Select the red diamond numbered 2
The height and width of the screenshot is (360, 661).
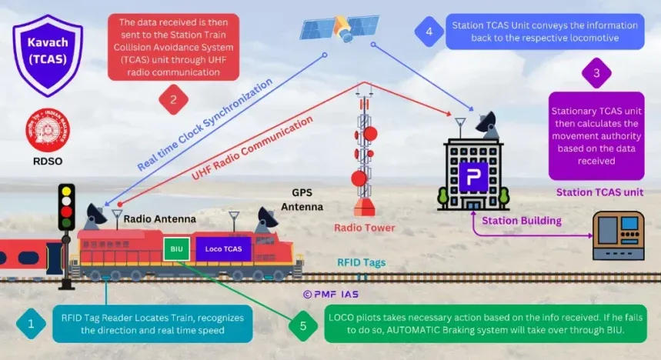174,99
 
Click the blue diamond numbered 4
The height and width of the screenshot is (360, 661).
429,32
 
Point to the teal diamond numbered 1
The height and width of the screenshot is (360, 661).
31,324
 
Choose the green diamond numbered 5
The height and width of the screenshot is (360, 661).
303,325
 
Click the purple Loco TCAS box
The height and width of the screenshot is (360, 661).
223,248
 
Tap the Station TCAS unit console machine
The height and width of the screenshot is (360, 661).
618,235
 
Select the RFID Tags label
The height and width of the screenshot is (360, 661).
361,262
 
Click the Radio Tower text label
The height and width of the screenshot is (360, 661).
364,228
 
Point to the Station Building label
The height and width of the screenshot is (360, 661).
521,221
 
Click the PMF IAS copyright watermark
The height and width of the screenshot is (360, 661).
331,293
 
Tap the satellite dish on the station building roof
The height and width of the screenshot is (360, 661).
486,122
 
